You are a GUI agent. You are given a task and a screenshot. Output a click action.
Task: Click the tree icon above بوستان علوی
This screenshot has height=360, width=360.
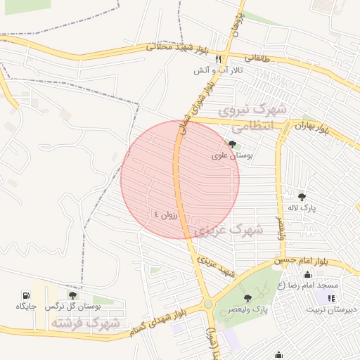[232, 144]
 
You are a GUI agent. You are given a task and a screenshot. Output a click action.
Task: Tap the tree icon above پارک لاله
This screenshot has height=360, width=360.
[302, 197]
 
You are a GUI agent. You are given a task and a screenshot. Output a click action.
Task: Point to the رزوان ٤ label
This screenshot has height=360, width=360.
[167, 213]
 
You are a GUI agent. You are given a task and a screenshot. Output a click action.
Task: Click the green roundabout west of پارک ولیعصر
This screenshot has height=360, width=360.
[208, 304]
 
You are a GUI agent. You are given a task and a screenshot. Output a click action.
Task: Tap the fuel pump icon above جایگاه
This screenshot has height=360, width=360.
[26, 295]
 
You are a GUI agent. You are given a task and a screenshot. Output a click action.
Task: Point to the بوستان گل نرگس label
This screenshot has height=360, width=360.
[73, 307]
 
